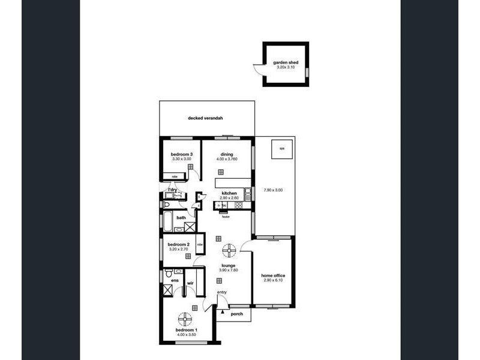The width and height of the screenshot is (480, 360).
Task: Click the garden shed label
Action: [x=285, y=62]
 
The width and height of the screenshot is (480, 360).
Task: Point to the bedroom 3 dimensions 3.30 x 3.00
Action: [x=182, y=159]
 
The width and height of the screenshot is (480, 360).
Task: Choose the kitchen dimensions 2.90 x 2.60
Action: [x=230, y=198]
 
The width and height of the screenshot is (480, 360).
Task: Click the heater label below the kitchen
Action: [x=225, y=217]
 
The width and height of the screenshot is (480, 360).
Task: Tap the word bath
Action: [x=181, y=218]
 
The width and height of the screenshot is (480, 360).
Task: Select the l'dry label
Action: [x=172, y=190]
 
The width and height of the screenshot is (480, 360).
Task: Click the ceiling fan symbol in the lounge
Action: [x=228, y=249]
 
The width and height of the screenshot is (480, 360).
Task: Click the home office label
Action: [x=272, y=276]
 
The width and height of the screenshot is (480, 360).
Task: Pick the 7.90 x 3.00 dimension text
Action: [x=272, y=190]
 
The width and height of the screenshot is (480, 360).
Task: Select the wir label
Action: [x=190, y=282]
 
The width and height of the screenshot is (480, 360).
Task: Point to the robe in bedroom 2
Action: [x=199, y=245]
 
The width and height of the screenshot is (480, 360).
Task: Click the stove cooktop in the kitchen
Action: [x=238, y=206]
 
